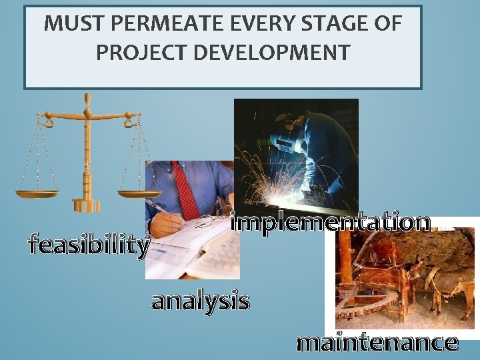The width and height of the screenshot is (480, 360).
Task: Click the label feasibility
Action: point(88,245)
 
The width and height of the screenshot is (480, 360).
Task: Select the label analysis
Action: point(201,301)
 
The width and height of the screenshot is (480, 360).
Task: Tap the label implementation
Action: point(331,222)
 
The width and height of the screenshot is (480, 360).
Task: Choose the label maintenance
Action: point(377,343)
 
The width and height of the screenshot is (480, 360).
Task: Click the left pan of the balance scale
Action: point(37,194)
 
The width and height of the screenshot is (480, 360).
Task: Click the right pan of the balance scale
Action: point(139,194)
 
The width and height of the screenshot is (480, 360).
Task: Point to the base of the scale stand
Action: point(87,205)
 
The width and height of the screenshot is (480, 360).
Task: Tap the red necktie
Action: point(185,191)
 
